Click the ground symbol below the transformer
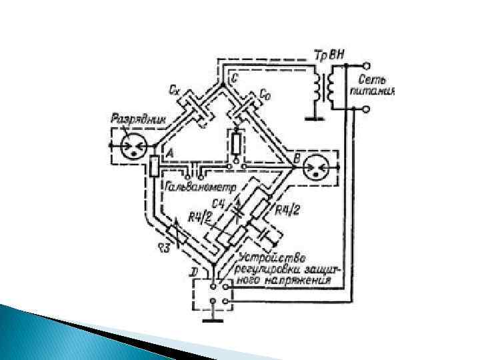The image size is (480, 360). [310, 119]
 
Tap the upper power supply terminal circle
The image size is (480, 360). [365, 67]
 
